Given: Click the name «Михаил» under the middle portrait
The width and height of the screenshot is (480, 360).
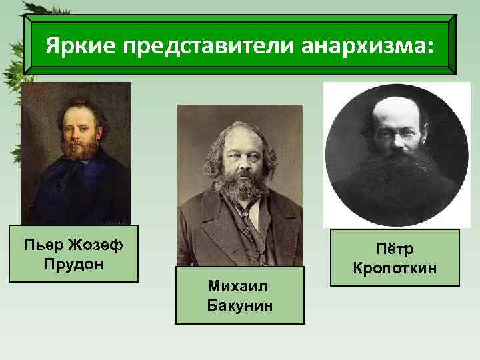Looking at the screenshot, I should [x=239, y=286].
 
